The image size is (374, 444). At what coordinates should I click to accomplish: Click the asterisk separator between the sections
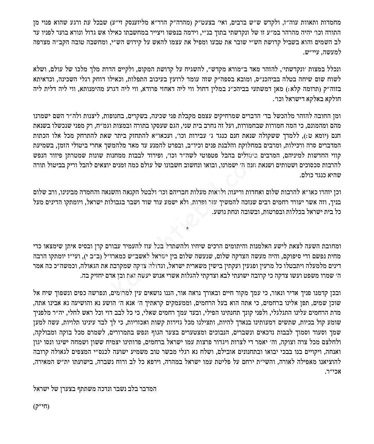(187, 228)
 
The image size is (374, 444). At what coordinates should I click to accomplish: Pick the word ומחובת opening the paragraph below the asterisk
(332, 245)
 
